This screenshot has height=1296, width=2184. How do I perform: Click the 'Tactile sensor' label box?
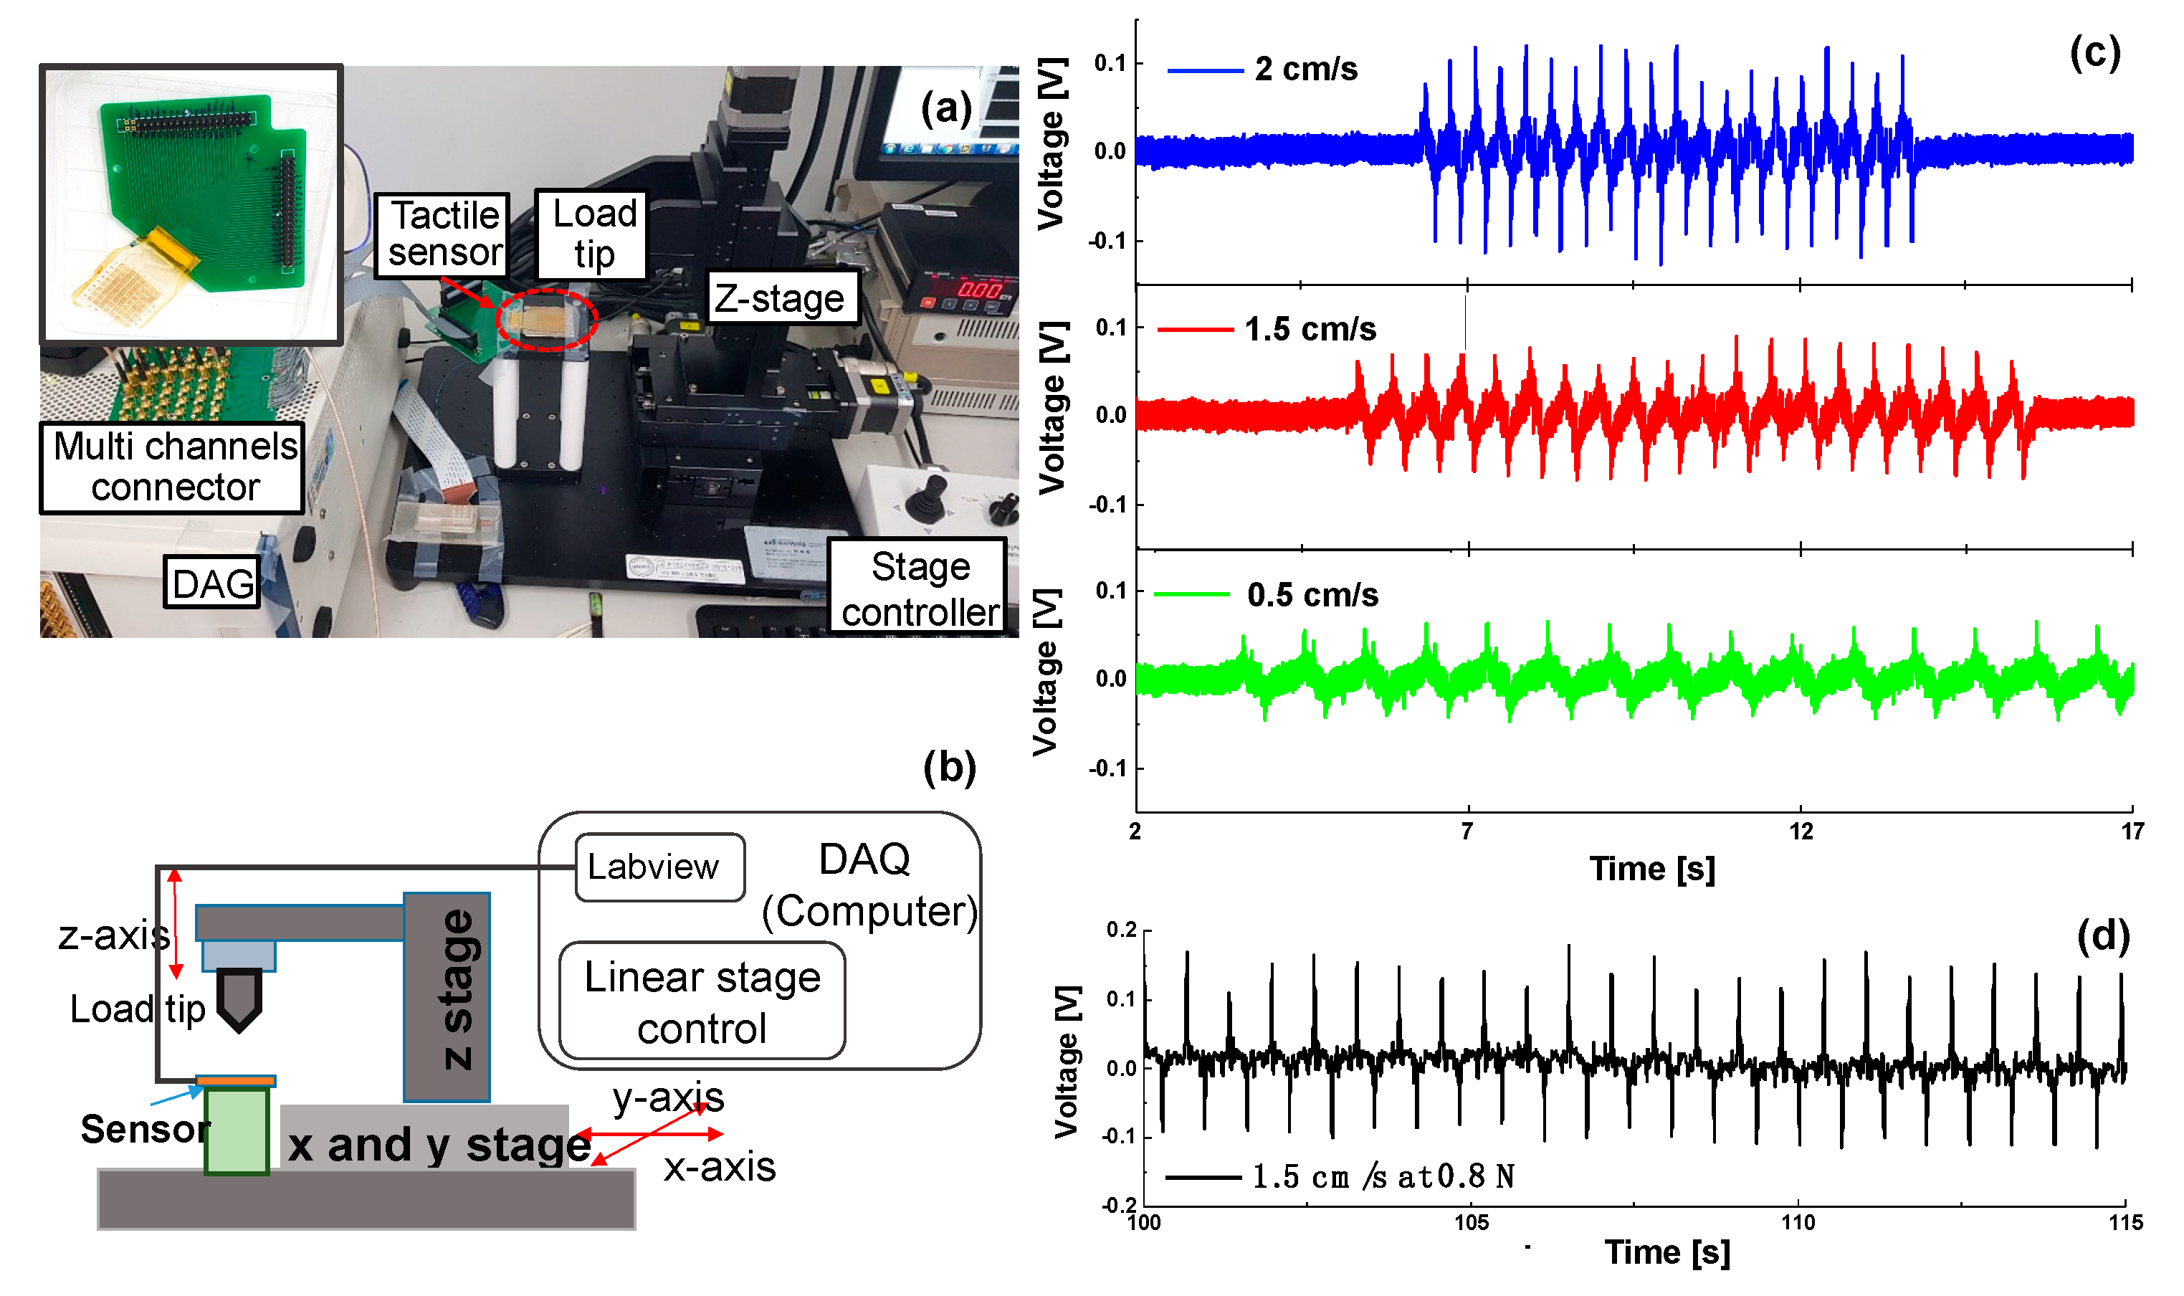[x=443, y=234]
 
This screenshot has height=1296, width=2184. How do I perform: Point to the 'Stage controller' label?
[x=919, y=588]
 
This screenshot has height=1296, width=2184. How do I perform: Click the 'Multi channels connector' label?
[x=173, y=467]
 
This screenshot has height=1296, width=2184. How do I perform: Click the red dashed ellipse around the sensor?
[x=547, y=320]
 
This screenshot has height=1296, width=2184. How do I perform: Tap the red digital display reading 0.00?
[x=979, y=289]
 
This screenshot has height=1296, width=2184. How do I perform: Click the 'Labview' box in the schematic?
[x=659, y=867]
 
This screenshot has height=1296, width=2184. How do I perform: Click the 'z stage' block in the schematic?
[x=447, y=996]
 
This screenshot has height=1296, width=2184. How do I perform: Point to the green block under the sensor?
[x=236, y=1130]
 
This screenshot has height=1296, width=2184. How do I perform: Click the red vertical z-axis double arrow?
[x=176, y=923]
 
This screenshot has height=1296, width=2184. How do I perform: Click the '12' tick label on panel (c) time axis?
[x=1801, y=832]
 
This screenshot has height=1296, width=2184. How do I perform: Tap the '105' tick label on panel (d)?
[x=1472, y=1221]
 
